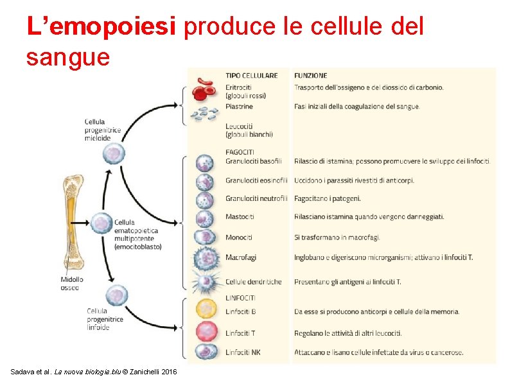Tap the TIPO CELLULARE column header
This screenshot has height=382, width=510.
click(251, 75)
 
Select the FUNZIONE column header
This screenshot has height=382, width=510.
click(311, 75)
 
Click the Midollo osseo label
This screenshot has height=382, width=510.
click(72, 283)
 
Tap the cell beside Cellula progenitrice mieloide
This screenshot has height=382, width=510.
click(115, 153)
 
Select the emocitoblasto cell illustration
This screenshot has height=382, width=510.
click(101, 223)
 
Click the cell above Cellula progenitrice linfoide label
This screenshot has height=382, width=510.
click(116, 295)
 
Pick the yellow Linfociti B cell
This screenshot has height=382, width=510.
click(205, 309)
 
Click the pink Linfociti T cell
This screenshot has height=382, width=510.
click(205, 332)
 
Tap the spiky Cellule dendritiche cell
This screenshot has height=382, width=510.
click(205, 281)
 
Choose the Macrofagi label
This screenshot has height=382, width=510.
click(241, 257)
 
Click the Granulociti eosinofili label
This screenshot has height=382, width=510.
click(256, 180)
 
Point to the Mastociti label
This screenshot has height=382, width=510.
click(240, 217)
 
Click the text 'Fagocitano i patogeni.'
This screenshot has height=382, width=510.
click(328, 198)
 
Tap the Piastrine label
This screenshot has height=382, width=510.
click(239, 107)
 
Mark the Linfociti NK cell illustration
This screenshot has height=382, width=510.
click(205, 352)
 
